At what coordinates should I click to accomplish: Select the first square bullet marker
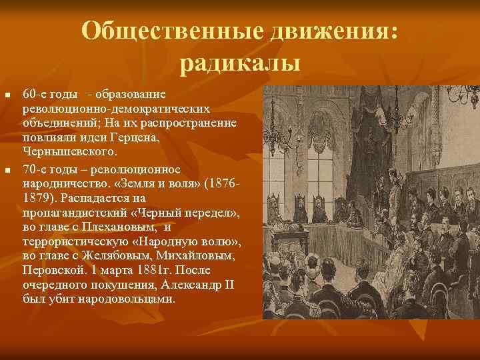point(8,97)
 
